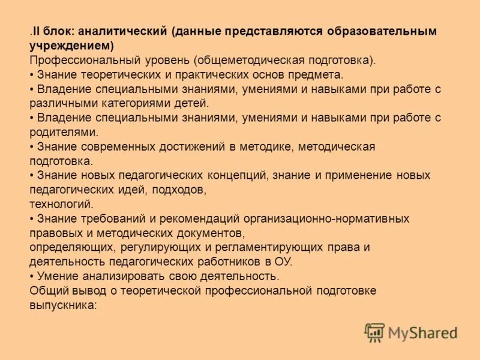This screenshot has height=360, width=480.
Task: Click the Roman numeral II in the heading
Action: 37,31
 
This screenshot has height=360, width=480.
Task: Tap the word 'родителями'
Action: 63,133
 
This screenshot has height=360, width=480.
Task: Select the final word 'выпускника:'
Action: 62,305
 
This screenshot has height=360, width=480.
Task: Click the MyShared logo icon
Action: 374,332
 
